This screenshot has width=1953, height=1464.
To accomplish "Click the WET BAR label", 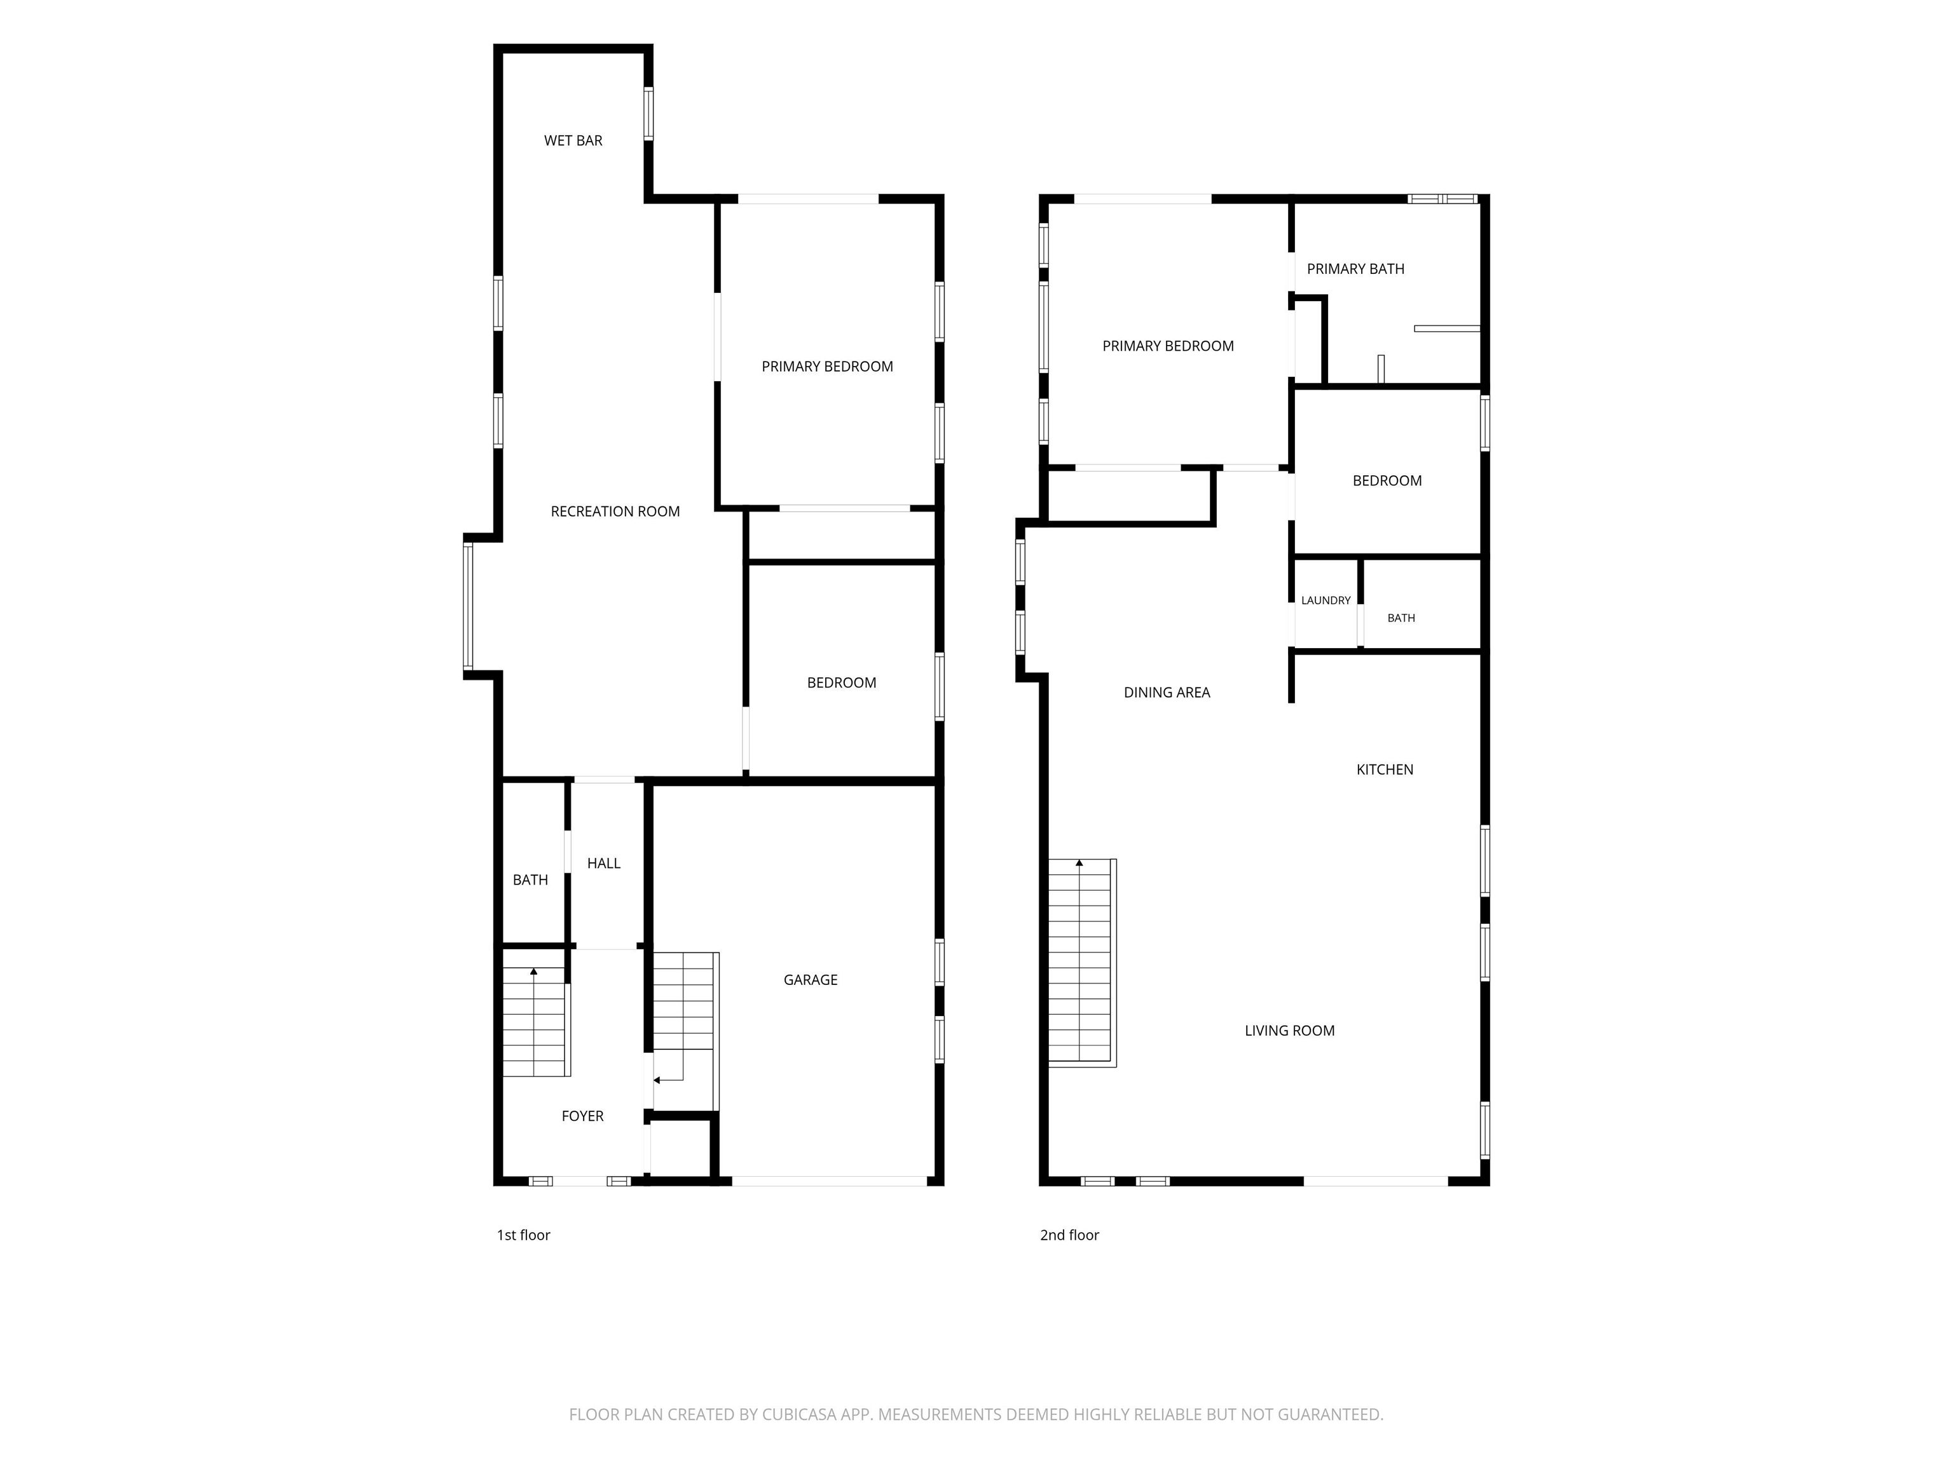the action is (573, 140).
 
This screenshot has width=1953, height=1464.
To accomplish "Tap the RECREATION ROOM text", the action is (615, 511).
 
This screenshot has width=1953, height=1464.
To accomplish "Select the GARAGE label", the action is (811, 980).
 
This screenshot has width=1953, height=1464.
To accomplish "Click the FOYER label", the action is (583, 1116).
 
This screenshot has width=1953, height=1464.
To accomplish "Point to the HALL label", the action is (604, 863).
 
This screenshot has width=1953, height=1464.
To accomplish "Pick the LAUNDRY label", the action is (1326, 600).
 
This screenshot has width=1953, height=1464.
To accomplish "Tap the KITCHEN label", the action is (1385, 769).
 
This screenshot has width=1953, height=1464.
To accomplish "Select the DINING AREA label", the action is (1167, 693).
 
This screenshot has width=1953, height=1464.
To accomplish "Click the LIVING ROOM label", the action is (1289, 1031).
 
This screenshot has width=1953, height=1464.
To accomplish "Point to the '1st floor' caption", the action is (524, 1235).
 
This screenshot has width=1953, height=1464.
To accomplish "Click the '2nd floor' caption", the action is (1069, 1235).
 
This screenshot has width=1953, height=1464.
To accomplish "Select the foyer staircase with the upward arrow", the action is (536, 1021).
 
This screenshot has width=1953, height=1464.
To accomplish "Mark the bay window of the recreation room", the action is (468, 606).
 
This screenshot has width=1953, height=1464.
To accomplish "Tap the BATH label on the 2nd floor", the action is (1401, 618).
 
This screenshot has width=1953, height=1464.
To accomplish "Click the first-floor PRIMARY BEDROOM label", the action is (827, 366).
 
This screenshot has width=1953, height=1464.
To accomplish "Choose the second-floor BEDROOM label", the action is (1387, 481).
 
